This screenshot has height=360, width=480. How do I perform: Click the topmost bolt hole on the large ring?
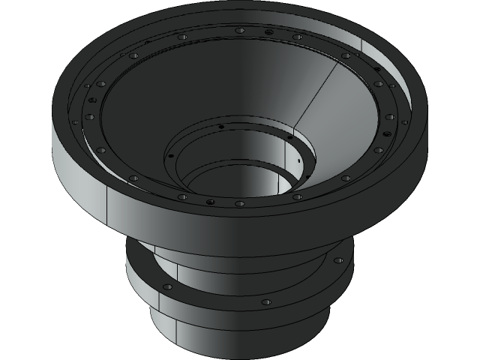pos(239,31)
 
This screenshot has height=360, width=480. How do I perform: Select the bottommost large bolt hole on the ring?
pos(239,203)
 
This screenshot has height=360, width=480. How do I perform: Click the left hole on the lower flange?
pos(167,287)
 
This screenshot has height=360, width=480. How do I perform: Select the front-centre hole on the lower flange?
pos(265,302)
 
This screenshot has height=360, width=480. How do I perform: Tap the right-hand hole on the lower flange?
pos(338,260)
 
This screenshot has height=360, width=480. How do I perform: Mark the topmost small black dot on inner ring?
pos(221,127)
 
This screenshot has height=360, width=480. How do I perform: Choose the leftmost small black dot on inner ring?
pos(171,155)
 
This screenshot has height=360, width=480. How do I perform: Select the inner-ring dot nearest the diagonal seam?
pos(289,137)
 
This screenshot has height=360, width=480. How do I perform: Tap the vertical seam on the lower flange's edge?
pos(160,303)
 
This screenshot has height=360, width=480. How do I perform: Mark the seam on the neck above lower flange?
pos(176,270)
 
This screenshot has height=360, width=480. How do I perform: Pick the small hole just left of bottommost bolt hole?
pos(210,202)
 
